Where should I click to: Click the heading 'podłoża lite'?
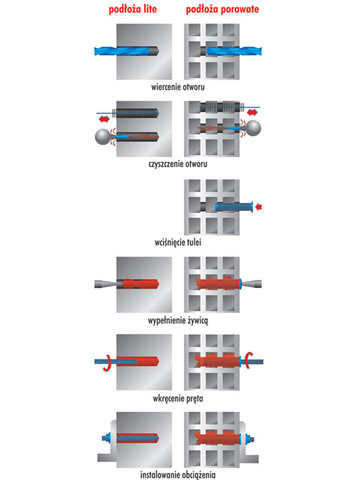point(133,9)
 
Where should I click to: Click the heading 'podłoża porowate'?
point(222,9)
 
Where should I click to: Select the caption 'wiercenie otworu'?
point(178,87)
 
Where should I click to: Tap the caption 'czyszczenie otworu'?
point(178,164)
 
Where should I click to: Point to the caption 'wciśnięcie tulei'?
point(178,242)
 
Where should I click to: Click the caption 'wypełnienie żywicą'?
point(178,321)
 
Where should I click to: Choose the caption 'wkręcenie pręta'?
point(178,398)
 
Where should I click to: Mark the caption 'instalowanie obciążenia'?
point(178,475)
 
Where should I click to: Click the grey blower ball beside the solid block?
point(103,136)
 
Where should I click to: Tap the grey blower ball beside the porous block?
point(253,128)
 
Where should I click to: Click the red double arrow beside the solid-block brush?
point(104,118)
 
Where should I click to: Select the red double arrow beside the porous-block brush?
point(252,112)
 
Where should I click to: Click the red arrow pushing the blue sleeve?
point(258,207)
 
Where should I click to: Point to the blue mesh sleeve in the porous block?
point(234,207)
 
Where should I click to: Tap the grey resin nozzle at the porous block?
point(252,284)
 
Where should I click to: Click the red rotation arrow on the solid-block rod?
point(106,363)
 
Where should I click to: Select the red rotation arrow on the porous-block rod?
point(250,360)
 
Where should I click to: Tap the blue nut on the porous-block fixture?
point(248,439)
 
